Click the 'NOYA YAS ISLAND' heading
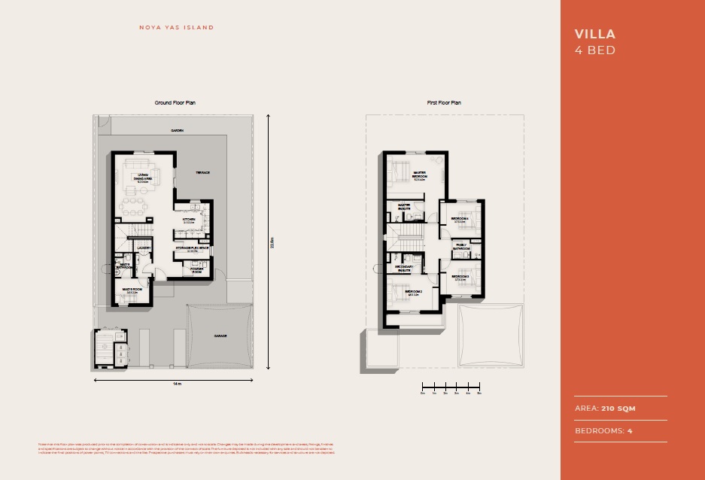(176, 28)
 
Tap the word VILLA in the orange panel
(594, 34)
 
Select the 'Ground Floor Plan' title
(175, 102)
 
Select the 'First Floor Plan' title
(443, 102)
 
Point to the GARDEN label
(177, 130)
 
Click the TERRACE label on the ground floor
(203, 172)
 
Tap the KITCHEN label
(188, 220)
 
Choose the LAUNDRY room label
(144, 248)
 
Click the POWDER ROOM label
(196, 270)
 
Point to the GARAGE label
(220, 336)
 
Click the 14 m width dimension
(177, 384)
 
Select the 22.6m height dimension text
(272, 242)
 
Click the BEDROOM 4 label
(460, 220)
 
